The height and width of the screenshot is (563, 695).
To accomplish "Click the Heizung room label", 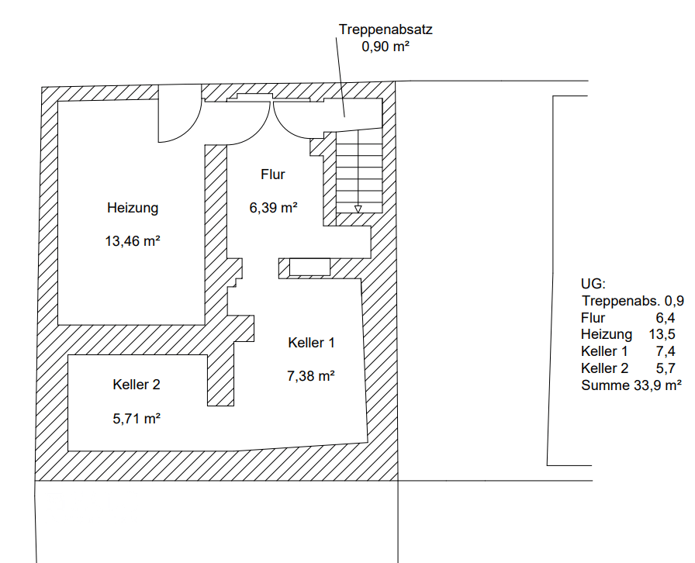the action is tap(133, 208).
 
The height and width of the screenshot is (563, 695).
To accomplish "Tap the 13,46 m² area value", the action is tap(133, 241).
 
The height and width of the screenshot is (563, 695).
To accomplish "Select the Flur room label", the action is tap(272, 174).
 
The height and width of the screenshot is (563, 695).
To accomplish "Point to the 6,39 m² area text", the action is tap(273, 208).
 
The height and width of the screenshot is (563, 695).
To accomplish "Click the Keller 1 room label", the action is tap(311, 343).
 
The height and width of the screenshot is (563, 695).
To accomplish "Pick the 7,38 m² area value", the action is tap(311, 376).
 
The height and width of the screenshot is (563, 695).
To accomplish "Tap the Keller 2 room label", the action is tap(137, 385).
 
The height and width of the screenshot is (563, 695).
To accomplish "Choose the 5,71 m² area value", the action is tap(137, 419).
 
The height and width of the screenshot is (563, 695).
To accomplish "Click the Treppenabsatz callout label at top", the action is tap(386, 29).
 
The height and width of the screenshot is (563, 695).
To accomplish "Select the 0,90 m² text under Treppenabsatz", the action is tap(386, 46).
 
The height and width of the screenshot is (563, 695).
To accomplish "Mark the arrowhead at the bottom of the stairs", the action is tap(358, 209).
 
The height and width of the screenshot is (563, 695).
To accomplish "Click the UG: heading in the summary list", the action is tap(593, 284).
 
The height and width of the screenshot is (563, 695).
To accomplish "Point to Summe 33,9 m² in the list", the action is tap(631, 385).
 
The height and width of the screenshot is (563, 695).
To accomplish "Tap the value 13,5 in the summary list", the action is tap(662, 334).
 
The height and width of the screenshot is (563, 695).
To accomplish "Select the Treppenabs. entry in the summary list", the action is tap(621, 301).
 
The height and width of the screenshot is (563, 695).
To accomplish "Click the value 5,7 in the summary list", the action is tap(666, 368).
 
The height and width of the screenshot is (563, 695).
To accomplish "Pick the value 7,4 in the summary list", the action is tap(666, 351).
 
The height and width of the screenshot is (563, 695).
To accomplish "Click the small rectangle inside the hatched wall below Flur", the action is tap(309, 268).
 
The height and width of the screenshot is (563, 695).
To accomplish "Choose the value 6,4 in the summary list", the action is tap(666, 318).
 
